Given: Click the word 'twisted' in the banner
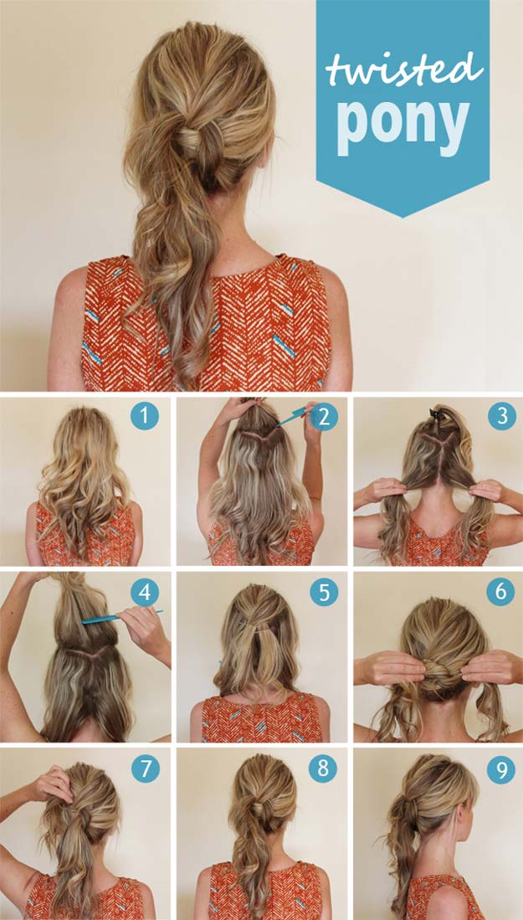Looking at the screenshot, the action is click(x=404, y=69).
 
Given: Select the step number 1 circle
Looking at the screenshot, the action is click(x=145, y=416).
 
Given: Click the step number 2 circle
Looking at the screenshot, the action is click(x=324, y=416).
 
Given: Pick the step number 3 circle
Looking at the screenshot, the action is click(x=502, y=416).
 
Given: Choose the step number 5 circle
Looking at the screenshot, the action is click(x=324, y=592).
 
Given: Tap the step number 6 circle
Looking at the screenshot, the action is click(x=500, y=592).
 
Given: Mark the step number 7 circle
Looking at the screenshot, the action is click(x=146, y=768).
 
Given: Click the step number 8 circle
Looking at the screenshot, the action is click(x=324, y=768).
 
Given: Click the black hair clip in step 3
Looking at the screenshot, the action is click(x=438, y=414).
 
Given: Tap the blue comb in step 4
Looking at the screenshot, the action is click(x=122, y=616).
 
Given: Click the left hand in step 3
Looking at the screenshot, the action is click(x=381, y=491).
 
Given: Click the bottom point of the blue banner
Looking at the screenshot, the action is click(x=403, y=217).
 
